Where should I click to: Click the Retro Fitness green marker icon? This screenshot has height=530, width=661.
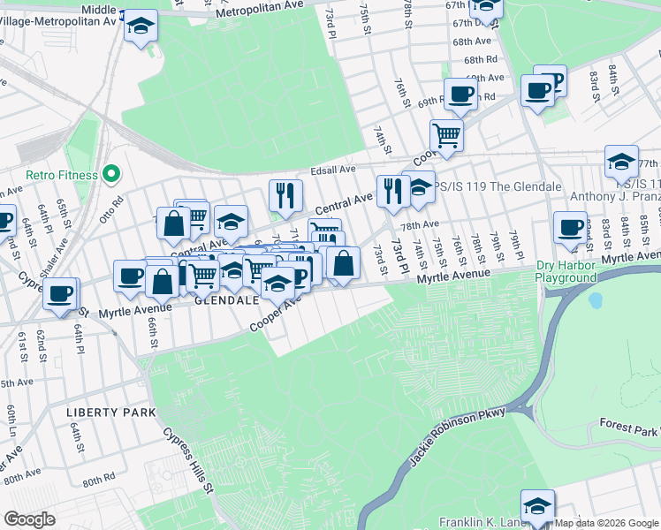(x=111, y=174)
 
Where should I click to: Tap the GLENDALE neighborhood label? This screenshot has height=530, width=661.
(x=226, y=300)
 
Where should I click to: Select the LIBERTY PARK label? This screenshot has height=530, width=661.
(x=110, y=413)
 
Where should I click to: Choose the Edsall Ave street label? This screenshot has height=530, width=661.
(x=332, y=170)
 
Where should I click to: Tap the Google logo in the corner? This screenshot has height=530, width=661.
(x=29, y=519)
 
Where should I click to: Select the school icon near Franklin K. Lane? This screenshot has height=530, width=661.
(x=537, y=506)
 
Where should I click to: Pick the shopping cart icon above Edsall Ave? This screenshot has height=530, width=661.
(x=446, y=135)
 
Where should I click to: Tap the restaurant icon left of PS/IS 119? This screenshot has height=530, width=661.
(x=391, y=189)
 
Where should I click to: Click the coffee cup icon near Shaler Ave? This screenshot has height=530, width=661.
(x=60, y=293)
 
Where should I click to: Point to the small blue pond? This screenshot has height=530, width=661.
(x=595, y=300)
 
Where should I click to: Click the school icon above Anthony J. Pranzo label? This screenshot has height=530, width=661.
(x=621, y=162)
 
